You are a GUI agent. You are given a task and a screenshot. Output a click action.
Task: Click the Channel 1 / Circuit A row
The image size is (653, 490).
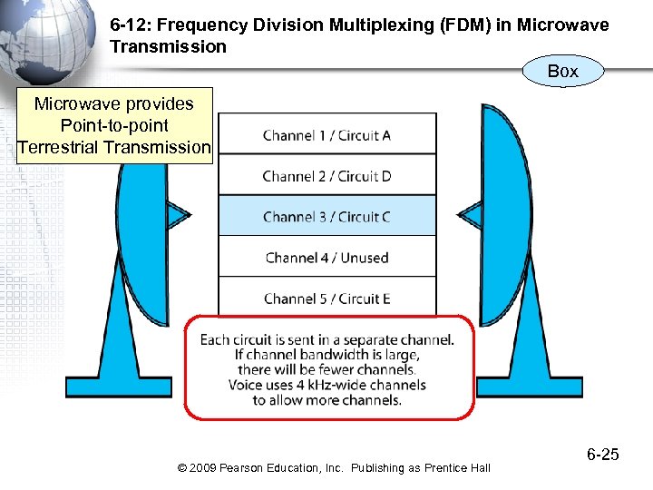(326, 135)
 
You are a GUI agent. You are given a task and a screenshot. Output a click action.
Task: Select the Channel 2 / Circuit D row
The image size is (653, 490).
(326, 176)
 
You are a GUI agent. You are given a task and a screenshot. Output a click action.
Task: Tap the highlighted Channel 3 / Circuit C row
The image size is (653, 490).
(326, 217)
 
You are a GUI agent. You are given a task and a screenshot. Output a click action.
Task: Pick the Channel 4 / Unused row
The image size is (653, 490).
(326, 258)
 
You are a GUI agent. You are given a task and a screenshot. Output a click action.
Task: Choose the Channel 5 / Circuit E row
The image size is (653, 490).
(326, 299)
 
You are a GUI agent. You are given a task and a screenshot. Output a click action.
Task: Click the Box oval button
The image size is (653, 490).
(562, 71)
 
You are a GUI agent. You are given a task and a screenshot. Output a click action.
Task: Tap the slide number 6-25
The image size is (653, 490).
(602, 455)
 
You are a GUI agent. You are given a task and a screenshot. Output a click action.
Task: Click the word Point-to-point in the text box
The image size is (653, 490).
(113, 125)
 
